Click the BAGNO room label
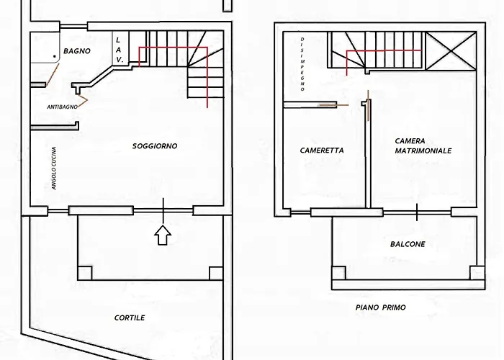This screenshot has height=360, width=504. point(77,51)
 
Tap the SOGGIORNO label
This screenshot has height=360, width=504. point(155,146)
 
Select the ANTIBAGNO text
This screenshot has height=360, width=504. point(63,107)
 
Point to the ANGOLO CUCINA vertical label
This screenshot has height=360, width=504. point(54,168)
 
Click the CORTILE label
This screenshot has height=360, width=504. point(130,318)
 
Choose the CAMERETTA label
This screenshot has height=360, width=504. point(322,150)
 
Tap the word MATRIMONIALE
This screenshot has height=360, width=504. point(423,150)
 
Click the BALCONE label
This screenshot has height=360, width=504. point(408,244)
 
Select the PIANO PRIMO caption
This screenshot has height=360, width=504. point(381,307)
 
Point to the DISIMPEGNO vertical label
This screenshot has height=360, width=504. point(302,64)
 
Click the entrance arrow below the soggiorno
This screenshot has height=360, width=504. point(163,235)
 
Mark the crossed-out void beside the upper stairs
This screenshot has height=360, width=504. point(451,51)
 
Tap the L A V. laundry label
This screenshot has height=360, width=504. point(119,50)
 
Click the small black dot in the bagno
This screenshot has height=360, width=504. point(55,57)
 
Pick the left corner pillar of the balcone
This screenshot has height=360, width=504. point(339,273)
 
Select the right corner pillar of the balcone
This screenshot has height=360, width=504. point(477,273)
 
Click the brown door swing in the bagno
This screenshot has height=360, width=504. point(53,75)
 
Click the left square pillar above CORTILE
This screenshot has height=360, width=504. point(85,273)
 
